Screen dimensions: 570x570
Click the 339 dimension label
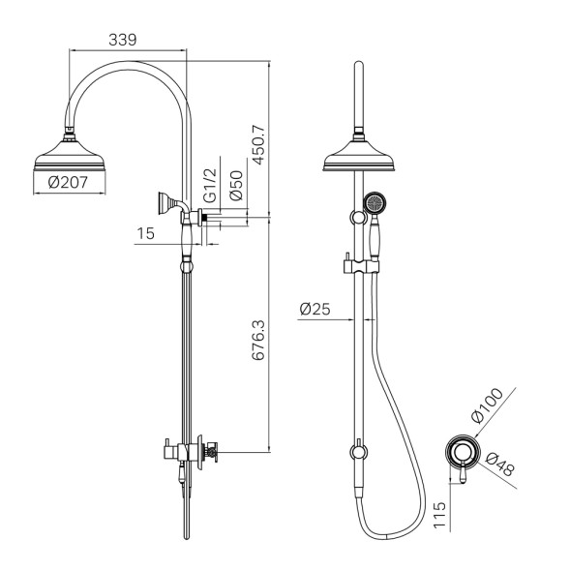pyautogui.click(x=123, y=40)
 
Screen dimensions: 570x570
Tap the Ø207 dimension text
pyautogui.click(x=68, y=182)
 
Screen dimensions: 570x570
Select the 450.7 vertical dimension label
pyautogui.click(x=258, y=144)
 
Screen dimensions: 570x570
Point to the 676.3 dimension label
pyautogui.click(x=258, y=341)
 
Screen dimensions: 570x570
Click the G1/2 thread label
pyautogui.click(x=210, y=186)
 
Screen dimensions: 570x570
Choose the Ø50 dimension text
pyautogui.click(x=236, y=186)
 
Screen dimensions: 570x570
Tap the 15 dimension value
pyautogui.click(x=146, y=233)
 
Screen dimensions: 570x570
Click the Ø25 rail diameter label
pyautogui.click(x=315, y=309)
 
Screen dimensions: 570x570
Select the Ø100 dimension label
pyautogui.click(x=487, y=405)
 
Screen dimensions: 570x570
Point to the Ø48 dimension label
pyautogui.click(x=500, y=465)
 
